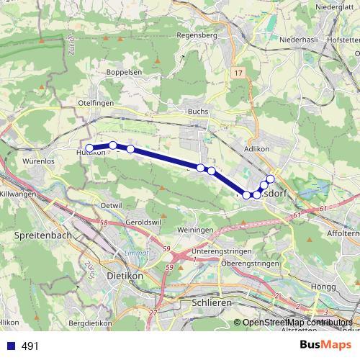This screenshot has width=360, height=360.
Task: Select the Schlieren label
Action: pos(211,303)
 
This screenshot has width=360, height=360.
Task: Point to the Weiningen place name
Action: pos(195,229)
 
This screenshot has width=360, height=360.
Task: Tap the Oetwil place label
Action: pos(112,206)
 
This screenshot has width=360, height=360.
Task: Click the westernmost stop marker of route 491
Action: pos(89,148)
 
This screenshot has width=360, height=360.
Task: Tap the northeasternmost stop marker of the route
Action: pos(271,179)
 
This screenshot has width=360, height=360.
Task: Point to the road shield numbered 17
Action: pos(238,73)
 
